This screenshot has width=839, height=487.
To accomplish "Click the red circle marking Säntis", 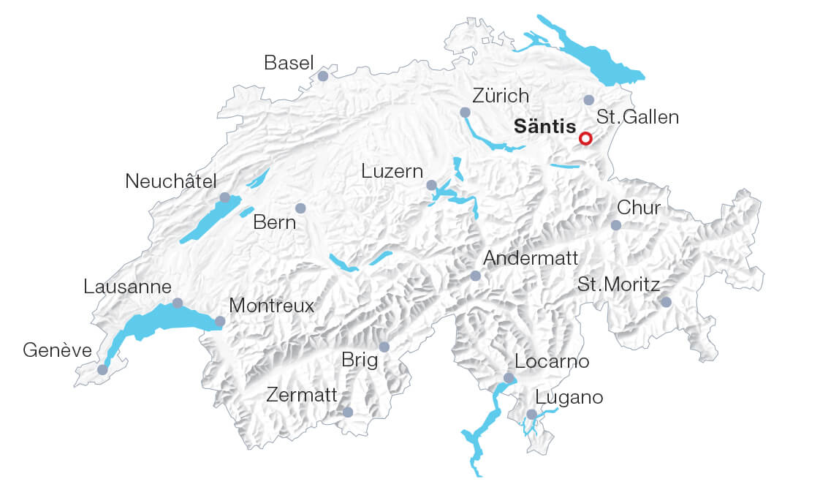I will (x=585, y=138).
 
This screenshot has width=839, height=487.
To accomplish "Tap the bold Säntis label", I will (x=544, y=127).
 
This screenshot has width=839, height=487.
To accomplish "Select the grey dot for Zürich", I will (x=465, y=113).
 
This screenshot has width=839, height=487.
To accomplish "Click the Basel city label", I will (x=289, y=64).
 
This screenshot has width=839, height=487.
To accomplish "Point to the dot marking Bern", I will (x=300, y=208).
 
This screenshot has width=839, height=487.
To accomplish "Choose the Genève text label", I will (x=58, y=352).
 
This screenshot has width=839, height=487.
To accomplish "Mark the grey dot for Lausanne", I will (x=177, y=303).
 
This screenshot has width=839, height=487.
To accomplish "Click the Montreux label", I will (x=271, y=306).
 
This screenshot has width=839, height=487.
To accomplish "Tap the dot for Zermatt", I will (x=348, y=412).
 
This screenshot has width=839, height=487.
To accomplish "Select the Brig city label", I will (x=360, y=360).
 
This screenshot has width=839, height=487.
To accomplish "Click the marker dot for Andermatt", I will (x=476, y=276).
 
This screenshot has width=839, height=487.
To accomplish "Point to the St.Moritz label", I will (x=618, y=284).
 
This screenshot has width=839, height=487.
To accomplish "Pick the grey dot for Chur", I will (x=616, y=225).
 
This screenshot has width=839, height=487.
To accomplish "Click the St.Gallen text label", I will (x=637, y=117).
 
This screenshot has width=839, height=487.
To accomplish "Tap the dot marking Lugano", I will (x=532, y=415).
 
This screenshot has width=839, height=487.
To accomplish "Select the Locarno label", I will (x=551, y=361).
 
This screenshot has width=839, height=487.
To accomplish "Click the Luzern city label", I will (x=392, y=172).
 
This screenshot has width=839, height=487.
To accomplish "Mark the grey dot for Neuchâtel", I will (x=225, y=197).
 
